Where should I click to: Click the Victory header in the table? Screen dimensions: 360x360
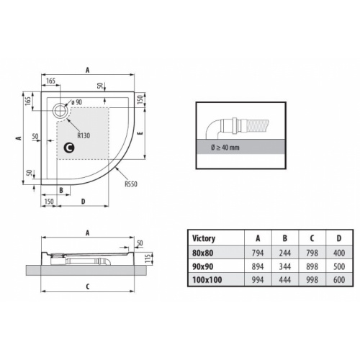(x=204, y=238)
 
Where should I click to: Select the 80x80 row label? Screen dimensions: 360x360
(x=202, y=253)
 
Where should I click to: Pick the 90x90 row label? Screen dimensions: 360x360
(x=202, y=266)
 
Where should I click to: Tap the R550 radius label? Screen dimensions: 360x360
(x=130, y=184)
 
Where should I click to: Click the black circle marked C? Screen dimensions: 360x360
(x=69, y=148)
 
